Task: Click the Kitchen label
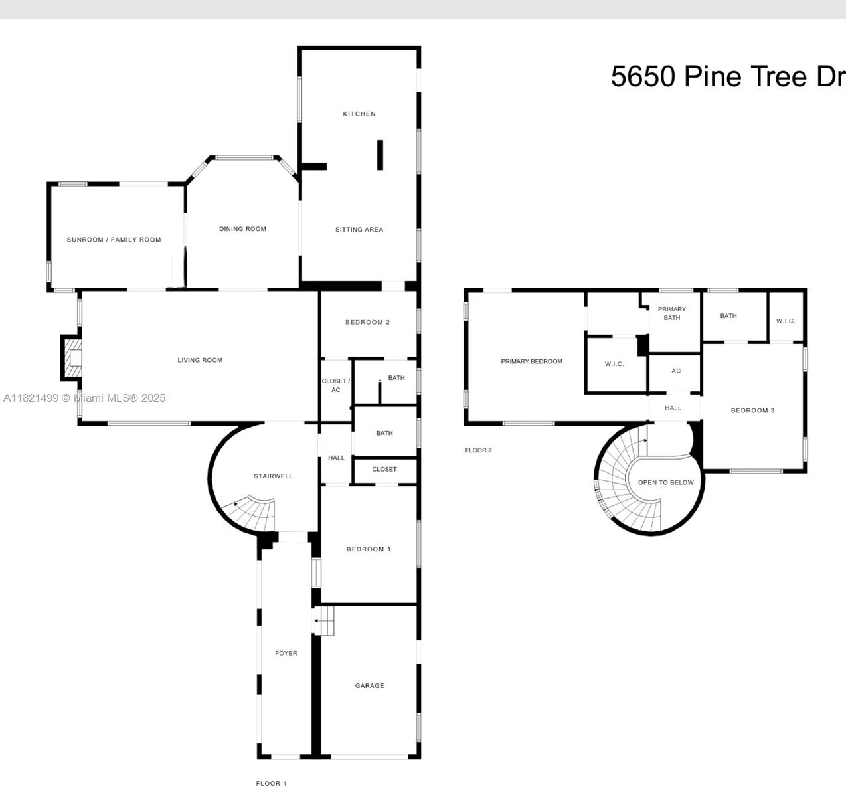tap(359, 114)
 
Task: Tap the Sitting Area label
tap(359, 230)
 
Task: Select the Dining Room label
tap(242, 229)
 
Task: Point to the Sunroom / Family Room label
tap(114, 240)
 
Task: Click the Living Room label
tap(200, 360)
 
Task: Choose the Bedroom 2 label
tap(367, 323)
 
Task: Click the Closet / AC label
tap(336, 385)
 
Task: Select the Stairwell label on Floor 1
tap(273, 476)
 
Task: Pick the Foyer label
tap(286, 654)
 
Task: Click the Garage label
tap(369, 686)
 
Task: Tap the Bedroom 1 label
tap(369, 549)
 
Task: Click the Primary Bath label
tap(672, 313)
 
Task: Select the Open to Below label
tap(665, 483)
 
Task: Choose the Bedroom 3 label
tap(752, 410)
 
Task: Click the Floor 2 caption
tap(478, 450)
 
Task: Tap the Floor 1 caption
tap(271, 784)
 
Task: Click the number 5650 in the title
tap(643, 76)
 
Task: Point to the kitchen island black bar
tap(380, 155)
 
